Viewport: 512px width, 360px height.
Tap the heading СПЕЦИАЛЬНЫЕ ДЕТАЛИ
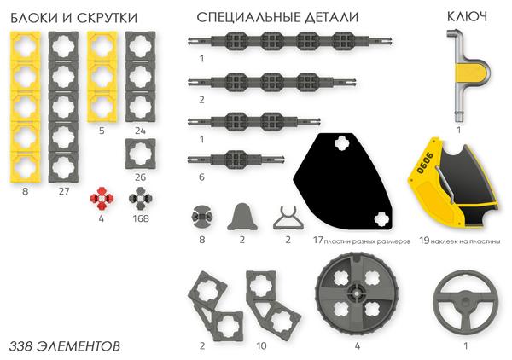276,17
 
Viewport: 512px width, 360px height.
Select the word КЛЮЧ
467,17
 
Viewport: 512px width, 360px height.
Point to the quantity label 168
140,218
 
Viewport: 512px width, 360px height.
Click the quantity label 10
261,346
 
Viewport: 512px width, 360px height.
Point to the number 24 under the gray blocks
140,131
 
